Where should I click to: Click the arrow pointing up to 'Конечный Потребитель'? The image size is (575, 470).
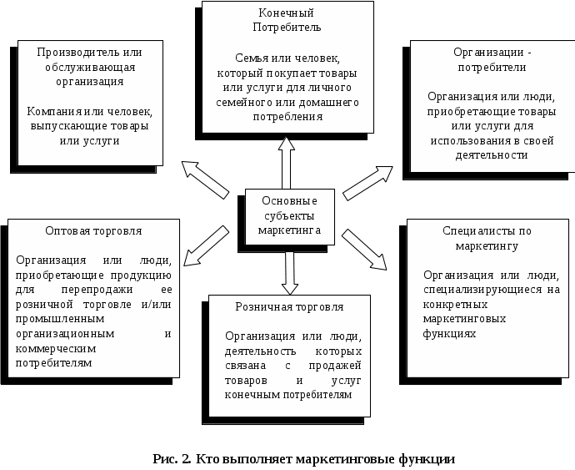[x=286, y=162]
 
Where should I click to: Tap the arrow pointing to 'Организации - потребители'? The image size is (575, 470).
[x=367, y=183]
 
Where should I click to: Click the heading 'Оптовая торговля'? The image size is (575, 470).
[x=94, y=230]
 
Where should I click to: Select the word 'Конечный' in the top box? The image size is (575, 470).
[x=285, y=14]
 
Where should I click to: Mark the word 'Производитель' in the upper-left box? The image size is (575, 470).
[x=74, y=52]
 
